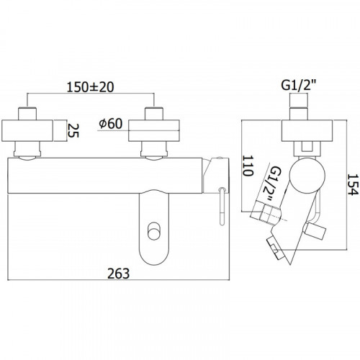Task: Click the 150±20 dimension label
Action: pos(90,87)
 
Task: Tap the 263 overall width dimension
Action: pos(118,274)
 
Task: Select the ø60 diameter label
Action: pos(111,124)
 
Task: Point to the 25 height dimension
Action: pos(73,130)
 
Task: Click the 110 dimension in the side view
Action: pos(248,166)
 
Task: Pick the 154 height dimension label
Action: pos(353,184)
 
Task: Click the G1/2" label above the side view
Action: pos(299,86)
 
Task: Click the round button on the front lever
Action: pos(153,231)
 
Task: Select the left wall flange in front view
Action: pos(27,130)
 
